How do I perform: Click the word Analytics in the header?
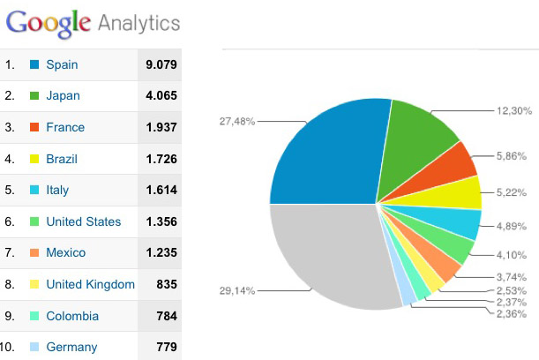[x=138, y=23]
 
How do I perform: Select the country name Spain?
[x=62, y=64]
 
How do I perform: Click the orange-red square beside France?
[x=34, y=127]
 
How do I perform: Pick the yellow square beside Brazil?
[x=34, y=159]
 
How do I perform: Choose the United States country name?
[x=84, y=221]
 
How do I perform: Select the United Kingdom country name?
[x=90, y=284]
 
